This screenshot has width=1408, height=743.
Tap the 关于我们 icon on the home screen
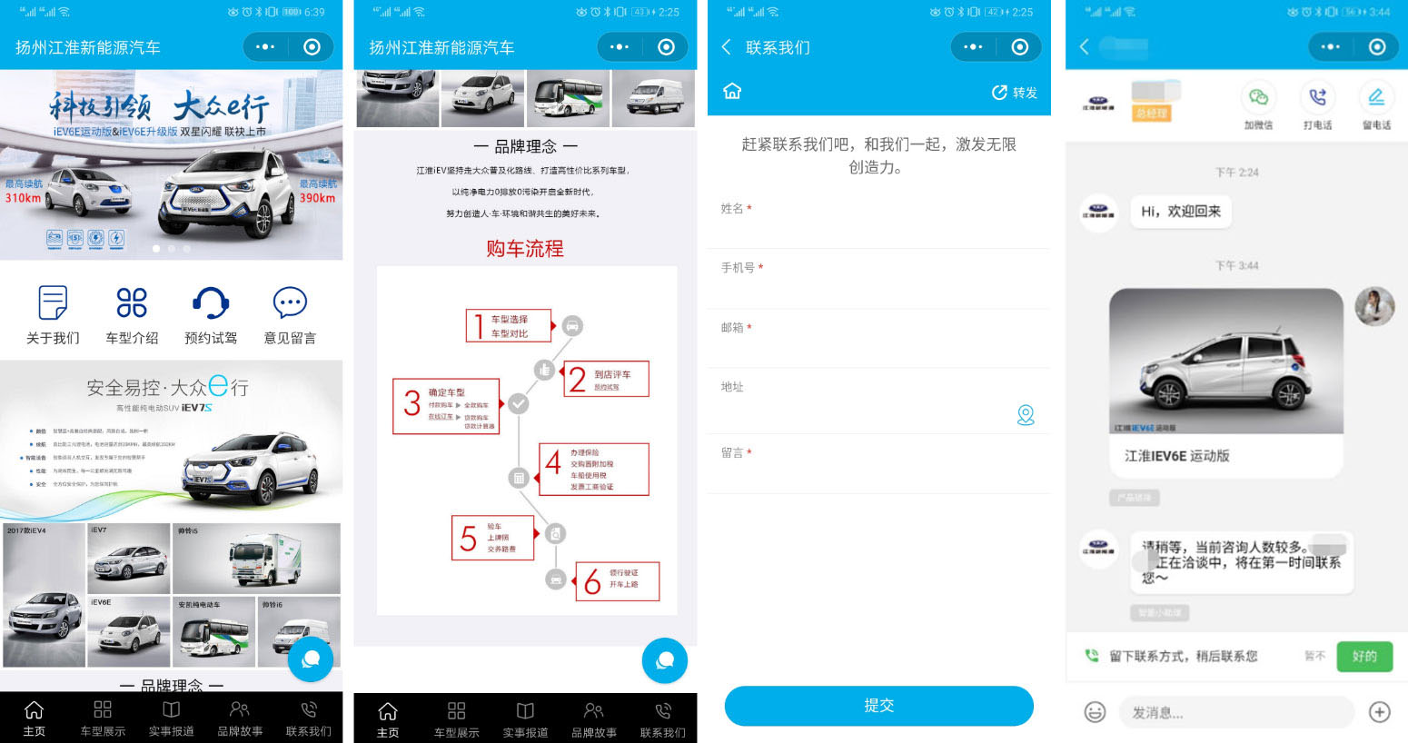[53, 302]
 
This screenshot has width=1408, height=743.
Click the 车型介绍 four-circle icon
[132, 302]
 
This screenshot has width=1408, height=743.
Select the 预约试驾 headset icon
[211, 302]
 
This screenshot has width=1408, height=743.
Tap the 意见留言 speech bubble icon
[290, 302]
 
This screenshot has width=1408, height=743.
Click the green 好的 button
[1364, 656]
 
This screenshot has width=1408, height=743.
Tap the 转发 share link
[1015, 93]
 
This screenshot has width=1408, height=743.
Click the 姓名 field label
[732, 209]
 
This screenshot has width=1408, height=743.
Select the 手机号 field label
[738, 268]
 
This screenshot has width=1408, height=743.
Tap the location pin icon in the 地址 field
[1026, 415]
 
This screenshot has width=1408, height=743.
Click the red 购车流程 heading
[525, 249]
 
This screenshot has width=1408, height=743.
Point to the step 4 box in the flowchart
[594, 469]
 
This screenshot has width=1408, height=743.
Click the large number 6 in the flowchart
[592, 581]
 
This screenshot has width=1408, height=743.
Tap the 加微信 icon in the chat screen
[1258, 97]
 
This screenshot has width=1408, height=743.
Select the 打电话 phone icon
[1317, 97]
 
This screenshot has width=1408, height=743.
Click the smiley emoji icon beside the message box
[1095, 712]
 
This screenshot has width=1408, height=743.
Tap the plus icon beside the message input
[1379, 712]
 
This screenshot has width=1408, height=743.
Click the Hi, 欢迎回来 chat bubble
[1180, 212]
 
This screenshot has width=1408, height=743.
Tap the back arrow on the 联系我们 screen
[726, 47]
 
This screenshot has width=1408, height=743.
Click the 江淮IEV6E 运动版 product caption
[1176, 456]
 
